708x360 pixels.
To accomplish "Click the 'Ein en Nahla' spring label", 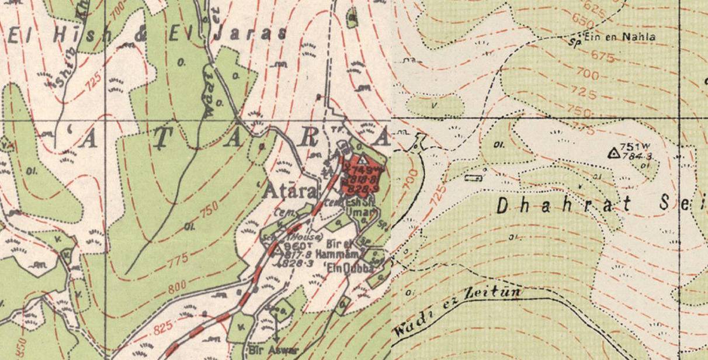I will [x=623, y=37].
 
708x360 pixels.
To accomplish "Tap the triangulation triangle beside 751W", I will [x=613, y=153].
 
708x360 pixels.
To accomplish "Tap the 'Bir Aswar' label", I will [x=273, y=351].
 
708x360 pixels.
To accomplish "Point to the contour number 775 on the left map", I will [x=178, y=258].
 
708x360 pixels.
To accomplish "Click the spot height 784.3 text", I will [x=636, y=156].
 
